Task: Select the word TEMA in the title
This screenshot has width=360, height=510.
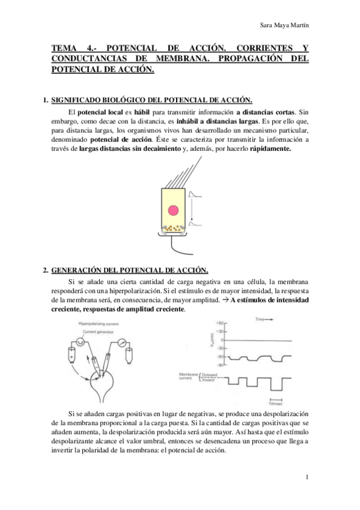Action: [64, 47]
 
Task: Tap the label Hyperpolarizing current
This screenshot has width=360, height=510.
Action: [100, 324]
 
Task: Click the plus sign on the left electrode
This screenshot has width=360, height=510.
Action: [72, 357]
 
